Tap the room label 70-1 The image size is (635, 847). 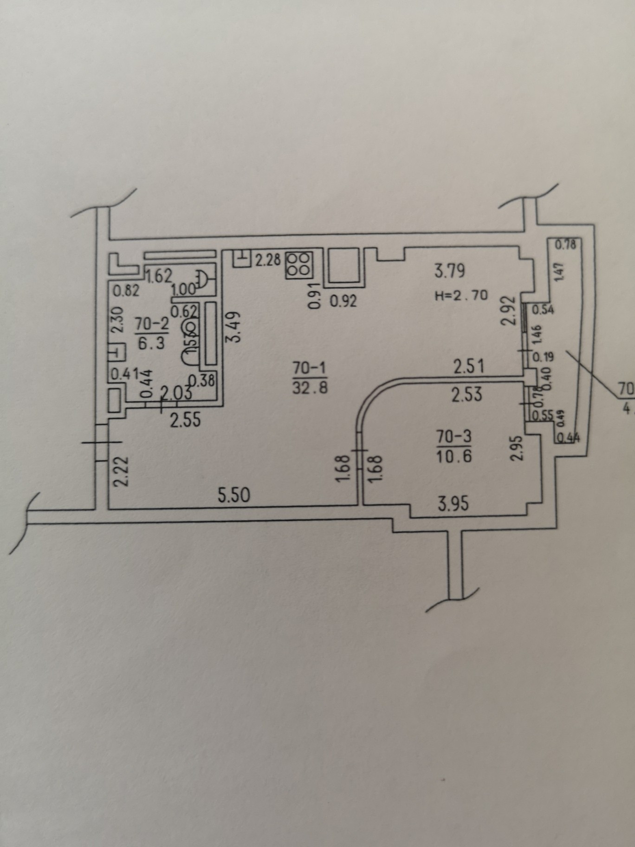[310, 368]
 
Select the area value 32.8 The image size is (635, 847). [310, 387]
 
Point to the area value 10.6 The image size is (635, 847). [454, 456]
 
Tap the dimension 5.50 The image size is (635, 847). [234, 495]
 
